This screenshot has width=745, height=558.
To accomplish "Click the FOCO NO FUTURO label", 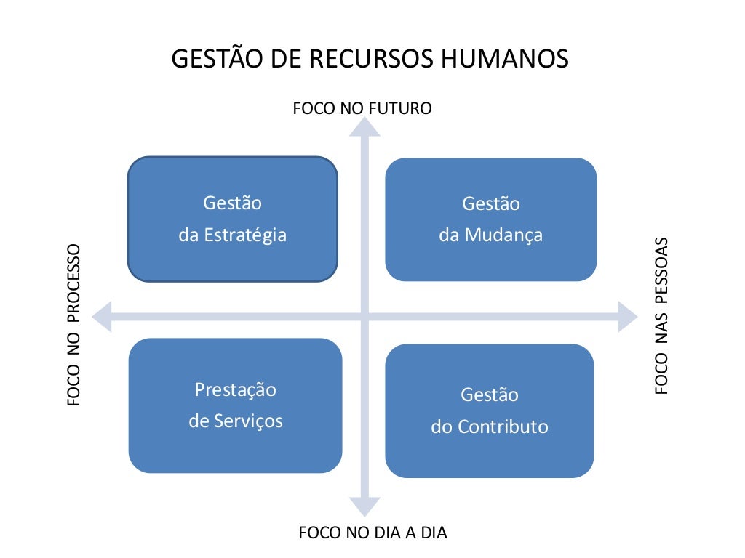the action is click(x=362, y=109).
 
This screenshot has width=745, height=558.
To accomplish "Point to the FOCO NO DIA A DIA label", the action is click(x=373, y=533).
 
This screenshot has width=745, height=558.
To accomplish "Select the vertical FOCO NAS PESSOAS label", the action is click(x=661, y=315).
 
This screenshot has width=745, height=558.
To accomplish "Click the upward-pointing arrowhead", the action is click(x=364, y=126).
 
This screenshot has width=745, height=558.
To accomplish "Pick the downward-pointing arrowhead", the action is click(x=364, y=506).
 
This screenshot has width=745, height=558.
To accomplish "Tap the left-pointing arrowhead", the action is click(x=101, y=317).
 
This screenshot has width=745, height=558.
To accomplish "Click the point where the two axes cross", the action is click(x=364, y=317).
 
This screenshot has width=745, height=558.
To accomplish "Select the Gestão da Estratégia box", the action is click(x=233, y=219).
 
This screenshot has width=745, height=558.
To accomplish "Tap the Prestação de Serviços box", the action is click(x=235, y=405).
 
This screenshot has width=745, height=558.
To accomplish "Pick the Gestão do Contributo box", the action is click(x=489, y=411).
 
